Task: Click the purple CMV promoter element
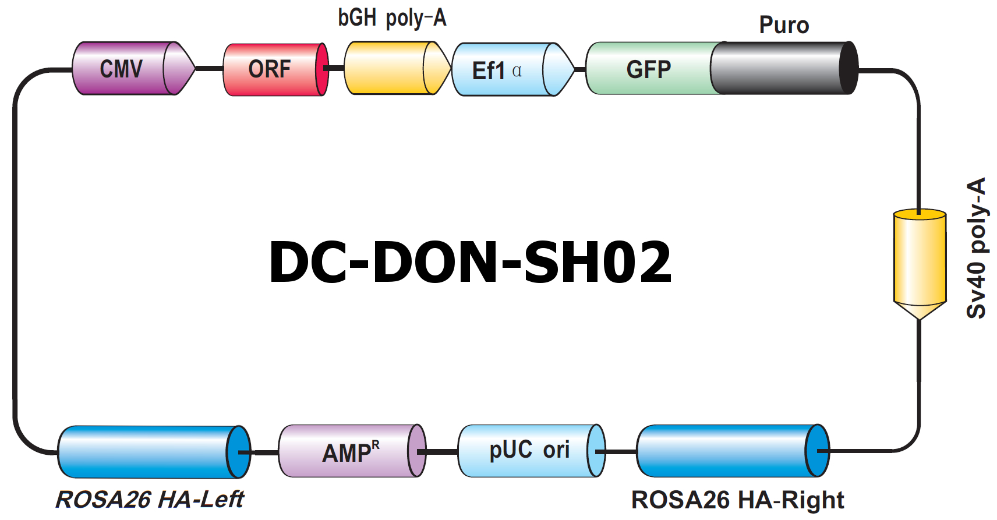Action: (133, 68)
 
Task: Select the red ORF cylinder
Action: (276, 69)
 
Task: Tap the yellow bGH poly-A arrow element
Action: (398, 68)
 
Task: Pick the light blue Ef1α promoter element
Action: (513, 69)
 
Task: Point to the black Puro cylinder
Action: (784, 68)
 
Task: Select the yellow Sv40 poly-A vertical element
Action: (920, 264)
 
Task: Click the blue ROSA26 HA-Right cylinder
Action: (733, 451)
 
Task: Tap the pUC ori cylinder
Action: (532, 451)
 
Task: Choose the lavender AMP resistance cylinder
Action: (352, 451)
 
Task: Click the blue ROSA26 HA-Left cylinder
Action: (154, 452)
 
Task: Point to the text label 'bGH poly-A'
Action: (392, 19)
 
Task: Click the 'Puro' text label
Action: (784, 25)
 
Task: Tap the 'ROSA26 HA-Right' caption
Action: (737, 500)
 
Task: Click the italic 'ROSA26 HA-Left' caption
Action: (150, 499)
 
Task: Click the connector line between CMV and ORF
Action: (209, 69)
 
